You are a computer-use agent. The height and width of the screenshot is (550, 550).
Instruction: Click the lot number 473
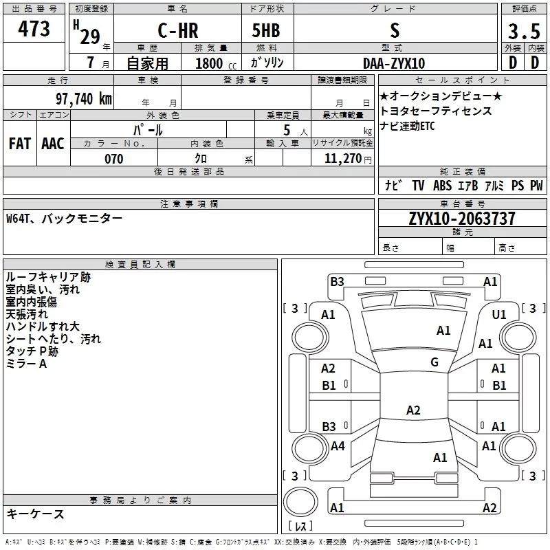pyautogui.click(x=34, y=28)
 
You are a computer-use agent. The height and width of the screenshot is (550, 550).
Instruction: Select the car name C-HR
pyautogui.click(x=178, y=30)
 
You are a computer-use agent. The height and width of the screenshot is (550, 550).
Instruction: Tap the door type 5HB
pyautogui.click(x=266, y=30)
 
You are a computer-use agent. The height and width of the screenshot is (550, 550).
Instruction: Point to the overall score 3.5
pyautogui.click(x=524, y=31)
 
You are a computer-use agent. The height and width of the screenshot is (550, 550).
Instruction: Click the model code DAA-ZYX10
pyautogui.click(x=394, y=63)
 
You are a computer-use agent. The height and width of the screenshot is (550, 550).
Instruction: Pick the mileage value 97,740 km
pyautogui.click(x=84, y=99)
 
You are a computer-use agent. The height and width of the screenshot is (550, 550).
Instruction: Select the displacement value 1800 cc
pyautogui.click(x=216, y=63)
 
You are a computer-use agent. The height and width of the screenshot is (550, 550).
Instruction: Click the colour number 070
pyautogui.click(x=114, y=159)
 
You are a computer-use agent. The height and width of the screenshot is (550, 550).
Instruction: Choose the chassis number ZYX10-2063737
pyautogui.click(x=462, y=219)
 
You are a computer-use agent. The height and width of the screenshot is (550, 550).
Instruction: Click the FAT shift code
pyautogui.click(x=20, y=144)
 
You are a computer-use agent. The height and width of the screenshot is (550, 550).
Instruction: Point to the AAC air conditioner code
pyautogui.click(x=53, y=144)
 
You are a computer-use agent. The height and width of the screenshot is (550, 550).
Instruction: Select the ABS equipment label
pyautogui.click(x=442, y=186)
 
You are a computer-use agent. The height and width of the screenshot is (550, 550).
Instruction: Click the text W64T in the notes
pyautogui.click(x=18, y=219)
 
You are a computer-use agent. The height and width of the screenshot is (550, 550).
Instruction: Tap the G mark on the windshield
pyautogui.click(x=434, y=362)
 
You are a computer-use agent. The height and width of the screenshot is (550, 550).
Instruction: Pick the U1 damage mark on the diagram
pyautogui.click(x=499, y=315)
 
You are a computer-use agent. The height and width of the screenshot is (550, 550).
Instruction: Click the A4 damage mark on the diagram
pyautogui.click(x=338, y=446)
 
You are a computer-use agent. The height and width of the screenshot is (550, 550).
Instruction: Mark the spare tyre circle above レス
pyautogui.click(x=300, y=501)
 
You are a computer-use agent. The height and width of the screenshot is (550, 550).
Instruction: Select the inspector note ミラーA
pyautogui.click(x=26, y=364)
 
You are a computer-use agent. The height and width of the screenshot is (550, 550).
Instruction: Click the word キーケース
pyautogui.click(x=36, y=514)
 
